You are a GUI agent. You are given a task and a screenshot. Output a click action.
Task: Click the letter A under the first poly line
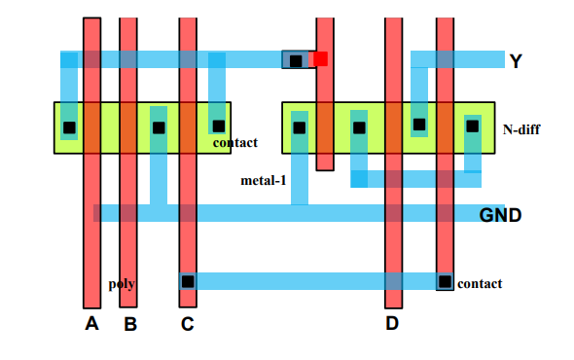coord(91,324)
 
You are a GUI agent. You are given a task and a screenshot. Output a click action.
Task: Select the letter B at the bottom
coord(129,324)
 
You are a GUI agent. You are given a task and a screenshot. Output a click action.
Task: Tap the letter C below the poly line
coord(187,324)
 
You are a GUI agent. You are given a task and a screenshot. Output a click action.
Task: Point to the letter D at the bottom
coord(392,324)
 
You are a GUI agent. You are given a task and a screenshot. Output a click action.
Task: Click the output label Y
coord(516,61)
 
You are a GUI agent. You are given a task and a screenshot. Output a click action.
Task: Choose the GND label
coord(500,214)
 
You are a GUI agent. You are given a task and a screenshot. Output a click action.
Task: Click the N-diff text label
coord(522,128)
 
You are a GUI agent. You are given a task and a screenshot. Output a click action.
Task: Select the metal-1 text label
coord(263,180)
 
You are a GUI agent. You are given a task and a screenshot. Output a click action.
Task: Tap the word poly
coord(122,284)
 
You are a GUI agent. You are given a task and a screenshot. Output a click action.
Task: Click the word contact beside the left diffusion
coord(234,143)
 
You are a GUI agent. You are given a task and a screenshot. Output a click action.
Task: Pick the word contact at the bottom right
coord(480,283)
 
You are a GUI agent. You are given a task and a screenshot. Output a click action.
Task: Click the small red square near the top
coord(320,59)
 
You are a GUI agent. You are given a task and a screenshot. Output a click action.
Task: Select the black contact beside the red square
coord(296,60)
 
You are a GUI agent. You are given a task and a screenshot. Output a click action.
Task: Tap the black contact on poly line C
coord(188,281)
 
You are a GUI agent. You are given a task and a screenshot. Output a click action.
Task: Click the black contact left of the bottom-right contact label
coord(445,281)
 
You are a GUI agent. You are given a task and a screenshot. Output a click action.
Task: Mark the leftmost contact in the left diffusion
coord(69,127)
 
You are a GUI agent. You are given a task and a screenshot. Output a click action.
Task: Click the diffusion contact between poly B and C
coord(159,127)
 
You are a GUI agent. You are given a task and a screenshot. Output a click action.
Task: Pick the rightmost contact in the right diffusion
coord(472,126)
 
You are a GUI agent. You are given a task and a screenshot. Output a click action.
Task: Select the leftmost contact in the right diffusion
coord(299,127)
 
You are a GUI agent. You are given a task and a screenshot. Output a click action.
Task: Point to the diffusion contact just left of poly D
coord(359,127)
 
